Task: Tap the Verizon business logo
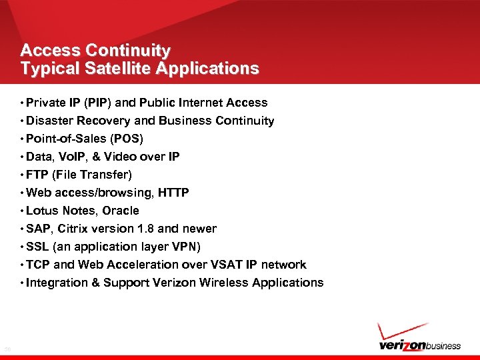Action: [419, 345]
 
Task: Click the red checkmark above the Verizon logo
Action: [401, 331]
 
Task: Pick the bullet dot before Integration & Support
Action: [23, 283]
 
